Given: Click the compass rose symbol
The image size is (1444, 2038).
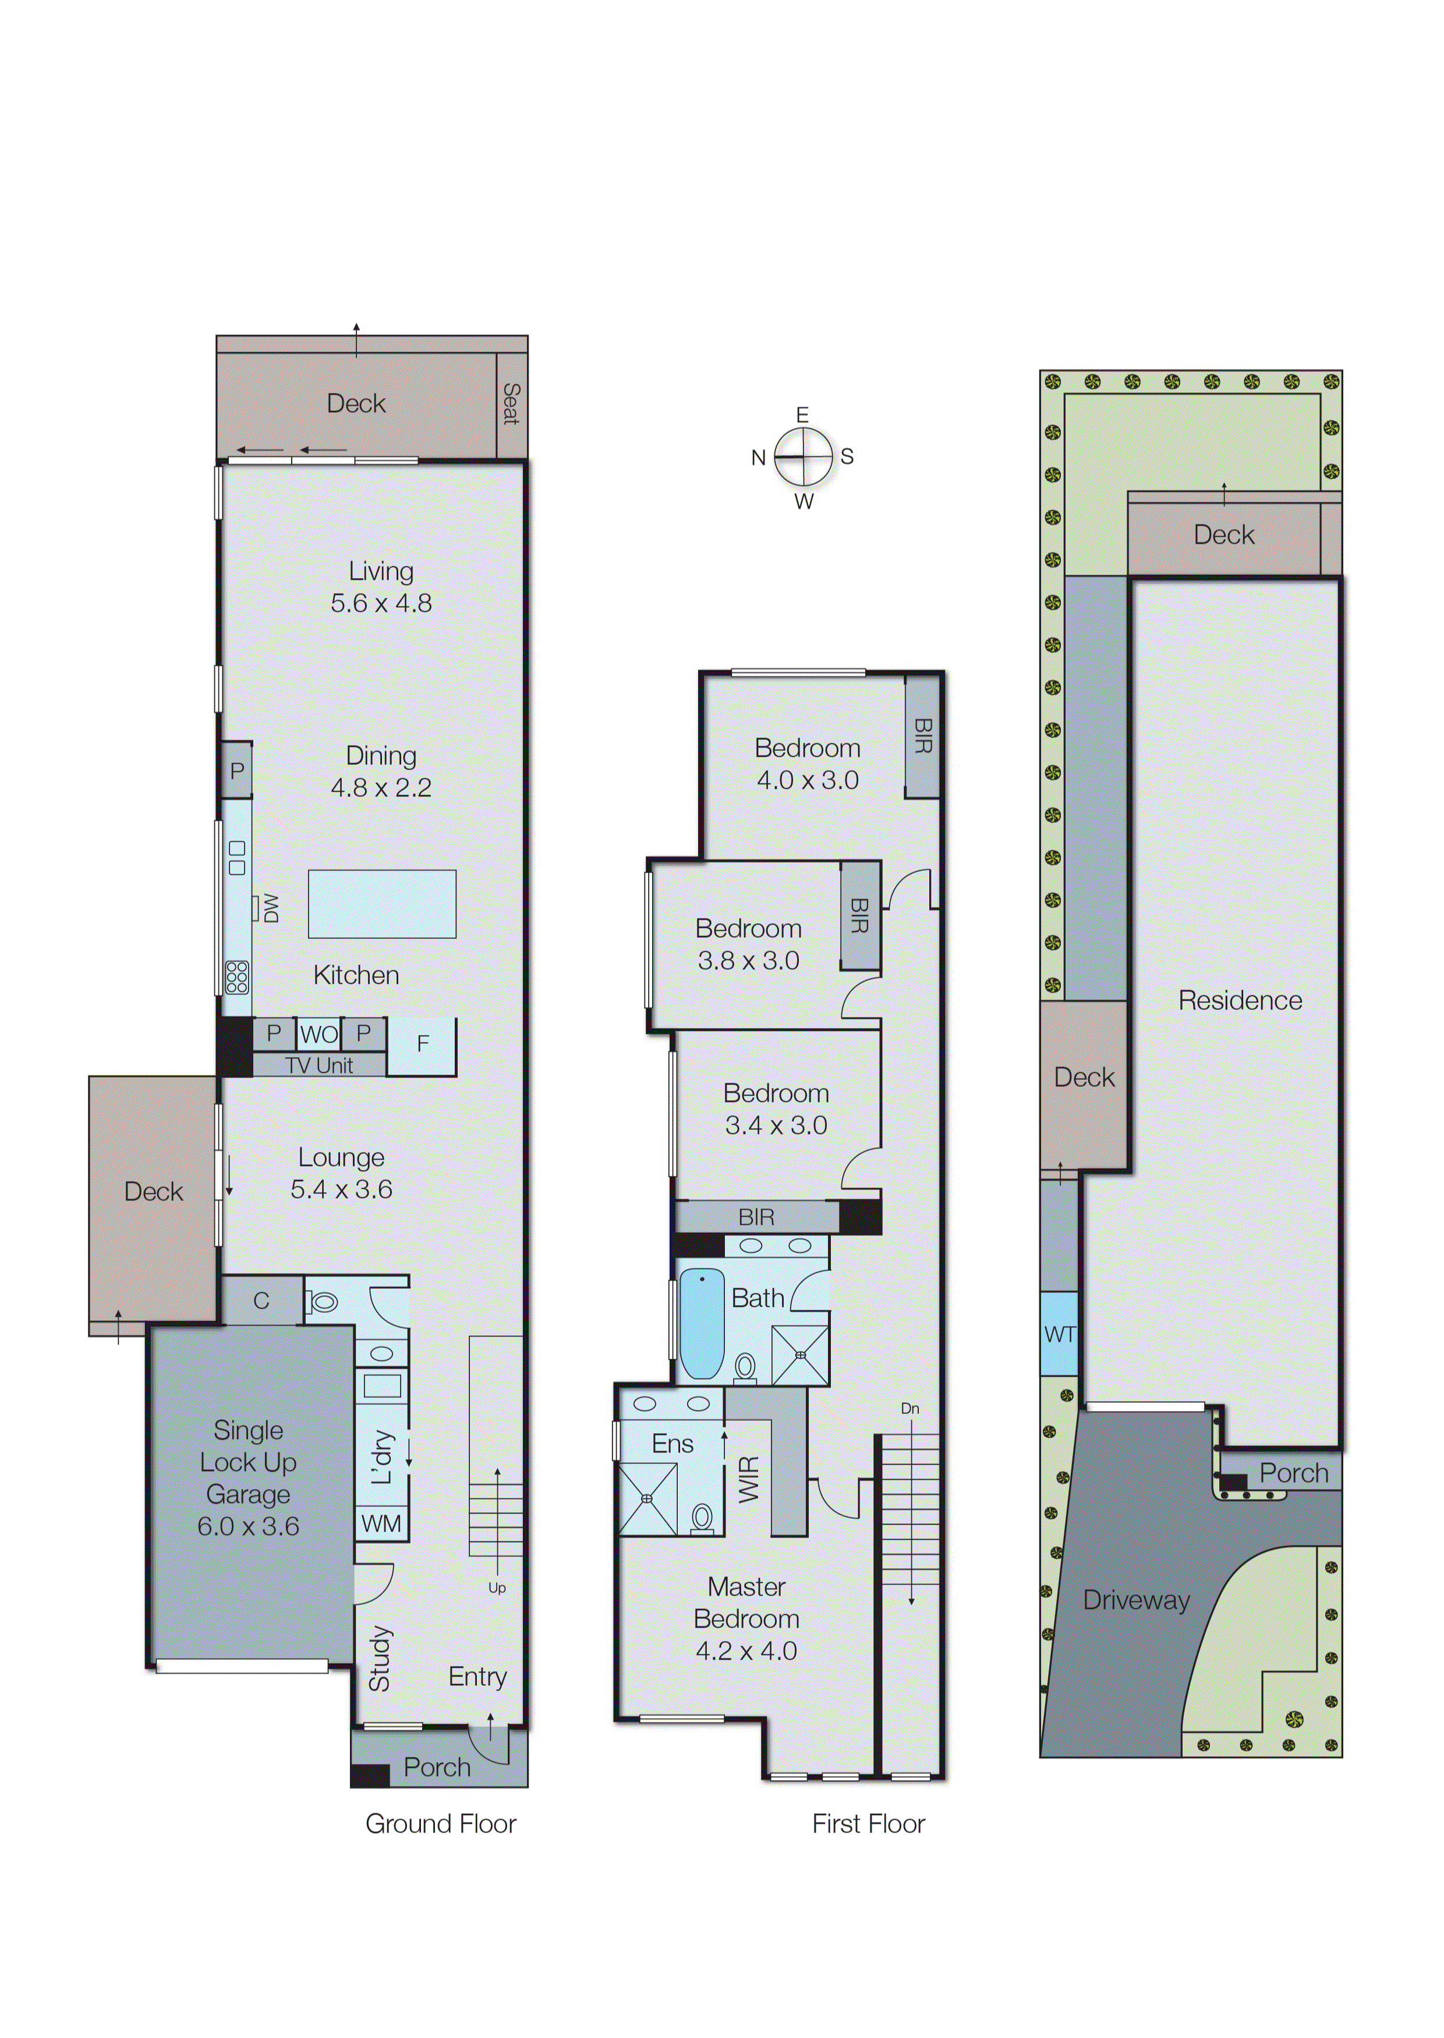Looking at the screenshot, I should tap(803, 457).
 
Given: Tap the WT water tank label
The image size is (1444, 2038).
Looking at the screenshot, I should tap(1059, 1334).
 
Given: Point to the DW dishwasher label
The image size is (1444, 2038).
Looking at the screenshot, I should tap(270, 908).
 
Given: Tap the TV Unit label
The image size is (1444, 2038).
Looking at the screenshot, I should tap(319, 1066).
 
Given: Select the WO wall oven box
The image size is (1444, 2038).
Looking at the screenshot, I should tap(318, 1034).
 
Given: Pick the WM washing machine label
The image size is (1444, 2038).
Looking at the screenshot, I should tap(381, 1524).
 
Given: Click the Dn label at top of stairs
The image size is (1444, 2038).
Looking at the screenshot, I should tap(909, 1409).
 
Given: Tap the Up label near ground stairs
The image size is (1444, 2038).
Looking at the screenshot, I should tap(497, 1587).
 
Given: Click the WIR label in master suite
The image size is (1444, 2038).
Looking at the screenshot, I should tap(749, 1480).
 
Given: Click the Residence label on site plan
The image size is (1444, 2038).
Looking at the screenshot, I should tap(1240, 1001).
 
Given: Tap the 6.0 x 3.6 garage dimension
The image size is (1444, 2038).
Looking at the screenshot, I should tap(248, 1526).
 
